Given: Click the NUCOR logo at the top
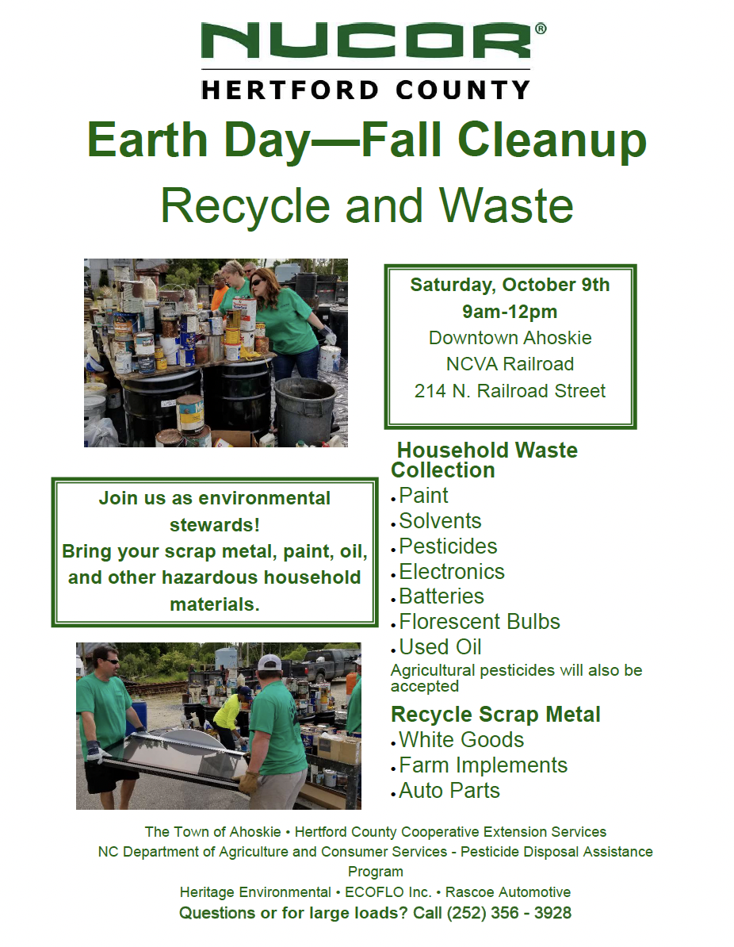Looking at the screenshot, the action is [373, 40].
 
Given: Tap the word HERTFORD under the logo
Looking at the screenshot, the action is [290, 90].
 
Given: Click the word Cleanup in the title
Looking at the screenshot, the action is [552, 140].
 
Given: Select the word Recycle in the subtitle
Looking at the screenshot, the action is [245, 206].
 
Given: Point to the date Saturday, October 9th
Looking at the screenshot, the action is [510, 285].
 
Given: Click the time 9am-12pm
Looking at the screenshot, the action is [510, 312].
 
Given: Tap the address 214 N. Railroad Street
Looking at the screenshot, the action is [510, 391].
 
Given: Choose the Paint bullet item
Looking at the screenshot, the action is [423, 496].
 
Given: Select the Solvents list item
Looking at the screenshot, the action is [440, 521].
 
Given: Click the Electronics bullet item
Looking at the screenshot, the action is [452, 572].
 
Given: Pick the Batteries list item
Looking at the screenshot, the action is [442, 596].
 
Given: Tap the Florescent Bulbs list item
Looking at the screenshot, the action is [480, 622].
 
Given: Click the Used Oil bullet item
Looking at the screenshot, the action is [440, 647].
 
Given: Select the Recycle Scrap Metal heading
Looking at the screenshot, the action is [495, 715].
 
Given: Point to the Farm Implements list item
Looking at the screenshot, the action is [483, 766].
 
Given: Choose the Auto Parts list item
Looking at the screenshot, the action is [449, 792].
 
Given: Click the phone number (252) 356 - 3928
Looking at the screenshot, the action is [509, 913].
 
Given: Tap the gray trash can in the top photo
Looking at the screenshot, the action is [305, 411].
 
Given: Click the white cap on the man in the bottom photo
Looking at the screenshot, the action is [269, 663].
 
